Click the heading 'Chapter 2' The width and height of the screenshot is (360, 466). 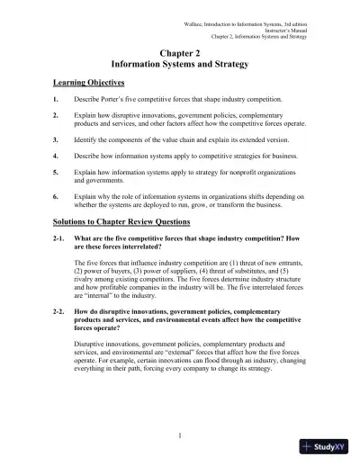click(x=180, y=54)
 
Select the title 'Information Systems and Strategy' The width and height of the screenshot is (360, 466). click(x=180, y=66)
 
